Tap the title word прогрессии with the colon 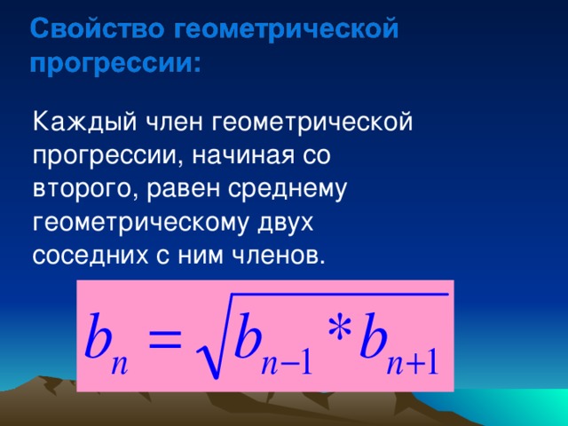pyautogui.click(x=115, y=64)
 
